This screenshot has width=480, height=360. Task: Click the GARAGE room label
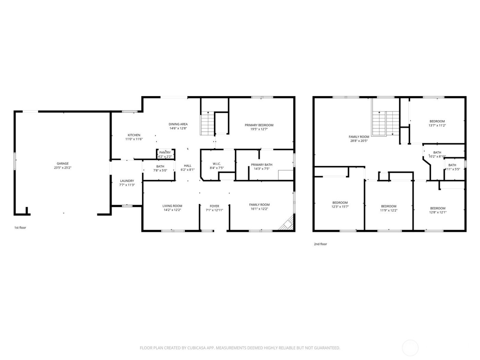pyautogui.click(x=62, y=164)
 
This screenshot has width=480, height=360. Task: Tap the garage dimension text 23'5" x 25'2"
pyautogui.click(x=62, y=168)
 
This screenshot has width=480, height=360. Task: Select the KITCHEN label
pyautogui.click(x=134, y=135)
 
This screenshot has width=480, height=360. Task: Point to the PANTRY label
pyautogui.click(x=165, y=153)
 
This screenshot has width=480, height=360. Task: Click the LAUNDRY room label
pyautogui.click(x=127, y=181)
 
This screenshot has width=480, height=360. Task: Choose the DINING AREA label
pyautogui.click(x=178, y=124)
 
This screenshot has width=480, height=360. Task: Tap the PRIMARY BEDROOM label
pyautogui.click(x=259, y=125)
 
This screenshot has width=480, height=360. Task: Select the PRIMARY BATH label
pyautogui.click(x=261, y=165)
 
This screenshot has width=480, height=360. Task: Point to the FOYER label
pyautogui.click(x=214, y=206)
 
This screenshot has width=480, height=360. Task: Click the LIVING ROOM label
pyautogui.click(x=172, y=206)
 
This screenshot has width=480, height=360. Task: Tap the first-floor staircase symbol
pyautogui.click(x=207, y=123)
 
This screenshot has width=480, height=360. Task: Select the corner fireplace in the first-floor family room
pyautogui.click(x=287, y=223)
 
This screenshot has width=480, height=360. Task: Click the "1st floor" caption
pyautogui.click(x=20, y=228)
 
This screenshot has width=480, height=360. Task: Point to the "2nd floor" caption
pyautogui.click(x=320, y=244)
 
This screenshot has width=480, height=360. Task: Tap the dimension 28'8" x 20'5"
pyautogui.click(x=359, y=141)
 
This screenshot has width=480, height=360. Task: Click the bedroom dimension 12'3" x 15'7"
pyautogui.click(x=340, y=207)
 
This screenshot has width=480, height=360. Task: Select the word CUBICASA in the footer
pyautogui.click(x=197, y=348)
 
